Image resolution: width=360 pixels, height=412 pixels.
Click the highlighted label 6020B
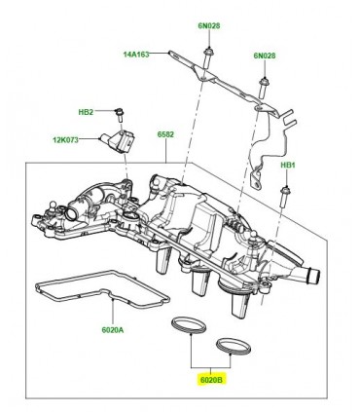pyautogui.click(x=211, y=379)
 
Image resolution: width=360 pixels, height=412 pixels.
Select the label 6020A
pyautogui.click(x=113, y=330)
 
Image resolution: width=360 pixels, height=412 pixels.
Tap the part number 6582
pyautogui.click(x=165, y=134)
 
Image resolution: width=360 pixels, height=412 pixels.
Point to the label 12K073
pyautogui.click(x=66, y=140)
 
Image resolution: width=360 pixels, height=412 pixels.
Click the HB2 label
pyautogui.click(x=86, y=112)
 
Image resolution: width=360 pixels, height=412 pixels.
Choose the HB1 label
pyautogui.click(x=288, y=166)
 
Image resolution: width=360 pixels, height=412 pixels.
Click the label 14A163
pyautogui.click(x=136, y=55)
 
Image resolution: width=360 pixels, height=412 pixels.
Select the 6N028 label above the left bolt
pyautogui.click(x=209, y=25)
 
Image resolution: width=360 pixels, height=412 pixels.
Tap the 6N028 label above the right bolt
pyautogui.click(x=265, y=56)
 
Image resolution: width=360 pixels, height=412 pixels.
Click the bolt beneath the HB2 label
pyautogui.click(x=120, y=115)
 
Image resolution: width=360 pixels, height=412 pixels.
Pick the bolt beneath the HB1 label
pyautogui.click(x=285, y=197)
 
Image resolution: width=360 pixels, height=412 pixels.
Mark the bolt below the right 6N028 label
pyautogui.click(x=263, y=89)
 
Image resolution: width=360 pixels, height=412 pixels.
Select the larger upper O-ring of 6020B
pyautogui.click(x=189, y=325)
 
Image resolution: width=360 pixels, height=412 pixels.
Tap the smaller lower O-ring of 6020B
pyautogui.click(x=234, y=347)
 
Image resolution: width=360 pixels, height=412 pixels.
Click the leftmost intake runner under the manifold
pyautogui.click(x=162, y=260)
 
